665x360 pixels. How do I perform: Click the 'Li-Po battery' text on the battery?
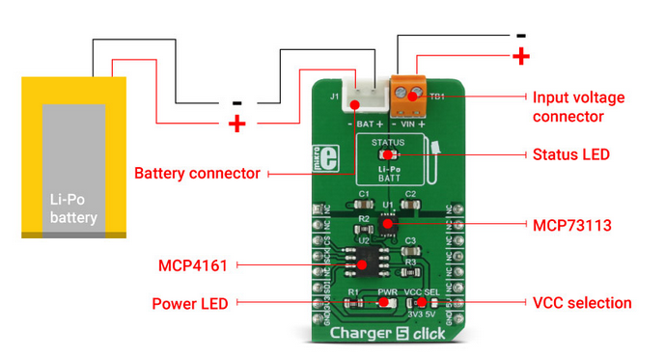click(73, 208)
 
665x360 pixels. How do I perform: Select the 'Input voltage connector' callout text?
click(578, 107)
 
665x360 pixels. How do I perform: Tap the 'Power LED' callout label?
click(190, 303)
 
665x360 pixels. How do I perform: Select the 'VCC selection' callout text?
click(582, 303)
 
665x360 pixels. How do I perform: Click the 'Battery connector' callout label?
click(197, 174)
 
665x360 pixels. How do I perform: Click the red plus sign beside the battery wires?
click(236, 124)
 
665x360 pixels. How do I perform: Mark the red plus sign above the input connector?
click(521, 56)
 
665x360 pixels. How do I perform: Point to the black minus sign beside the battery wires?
click(236, 100)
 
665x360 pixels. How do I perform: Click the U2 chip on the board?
click(364, 262)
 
